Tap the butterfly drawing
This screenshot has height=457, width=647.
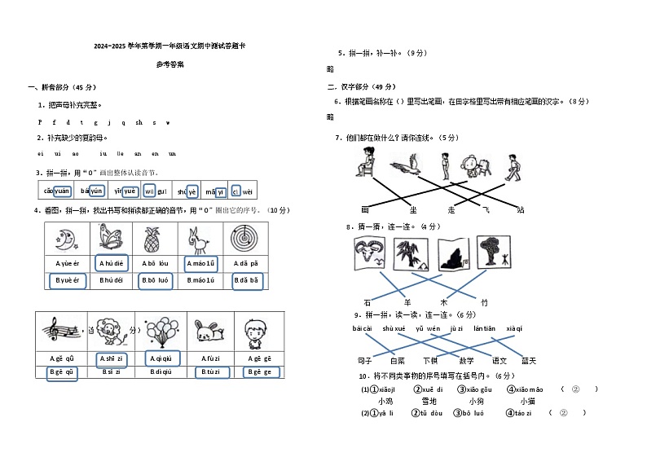tap(112, 239)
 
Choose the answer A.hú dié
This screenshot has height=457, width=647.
tap(111, 263)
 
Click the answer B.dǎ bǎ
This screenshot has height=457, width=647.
tap(245, 280)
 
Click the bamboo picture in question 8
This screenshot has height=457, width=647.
tap(492, 253)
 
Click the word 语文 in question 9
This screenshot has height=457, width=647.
tap(499, 360)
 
